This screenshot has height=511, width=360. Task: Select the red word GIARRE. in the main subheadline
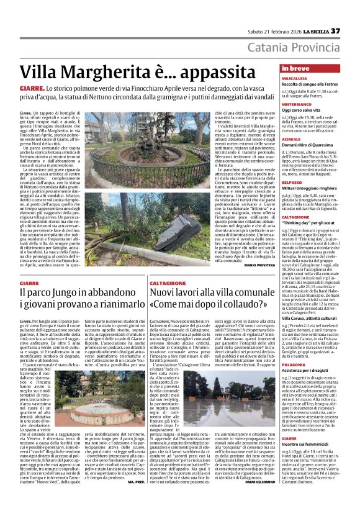click(32, 90)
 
